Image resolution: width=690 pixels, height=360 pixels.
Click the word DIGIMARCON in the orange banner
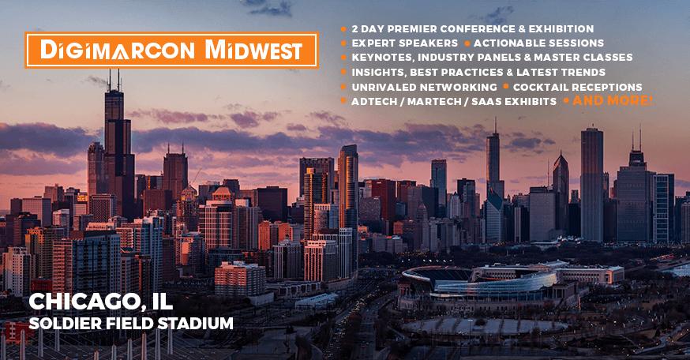(117, 50)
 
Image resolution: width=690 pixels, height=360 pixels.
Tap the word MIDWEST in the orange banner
(254, 50)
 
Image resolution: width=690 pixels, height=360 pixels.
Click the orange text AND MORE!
(613, 101)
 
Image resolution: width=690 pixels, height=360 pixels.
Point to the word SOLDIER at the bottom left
(60, 324)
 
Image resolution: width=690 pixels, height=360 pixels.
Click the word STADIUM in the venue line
(195, 324)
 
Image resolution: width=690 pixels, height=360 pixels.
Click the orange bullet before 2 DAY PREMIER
(343, 29)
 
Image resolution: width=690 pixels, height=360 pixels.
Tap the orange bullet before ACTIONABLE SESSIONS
(467, 43)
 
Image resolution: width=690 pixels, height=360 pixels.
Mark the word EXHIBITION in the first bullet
(561, 29)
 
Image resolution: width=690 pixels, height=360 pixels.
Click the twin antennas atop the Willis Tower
(114, 80)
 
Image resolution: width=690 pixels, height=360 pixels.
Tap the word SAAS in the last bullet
(486, 102)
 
